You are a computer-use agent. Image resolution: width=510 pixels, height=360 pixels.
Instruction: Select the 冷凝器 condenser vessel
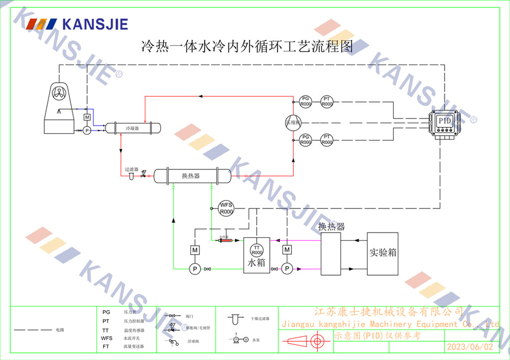point(132,128)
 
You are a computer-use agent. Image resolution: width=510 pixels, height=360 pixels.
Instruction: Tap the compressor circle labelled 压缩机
point(293,122)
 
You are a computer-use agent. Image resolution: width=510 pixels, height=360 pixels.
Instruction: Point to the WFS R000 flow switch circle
point(226,208)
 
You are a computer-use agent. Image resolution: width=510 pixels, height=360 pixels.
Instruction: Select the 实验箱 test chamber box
point(382,253)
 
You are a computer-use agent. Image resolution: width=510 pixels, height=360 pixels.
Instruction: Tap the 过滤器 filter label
point(131,169)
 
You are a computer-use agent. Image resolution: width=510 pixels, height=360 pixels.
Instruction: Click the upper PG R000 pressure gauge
point(305,101)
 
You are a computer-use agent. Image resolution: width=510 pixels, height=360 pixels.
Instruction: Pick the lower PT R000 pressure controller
point(327,140)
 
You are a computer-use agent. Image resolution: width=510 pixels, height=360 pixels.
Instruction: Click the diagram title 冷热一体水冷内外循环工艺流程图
point(247,47)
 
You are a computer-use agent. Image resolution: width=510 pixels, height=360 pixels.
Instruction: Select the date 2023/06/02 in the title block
point(470,347)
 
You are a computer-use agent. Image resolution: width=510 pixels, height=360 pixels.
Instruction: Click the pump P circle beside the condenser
point(87,131)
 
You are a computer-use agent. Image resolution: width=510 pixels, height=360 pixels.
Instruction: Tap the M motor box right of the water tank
point(287,249)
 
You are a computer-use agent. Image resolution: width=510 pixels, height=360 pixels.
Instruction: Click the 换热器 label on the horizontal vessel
point(191,176)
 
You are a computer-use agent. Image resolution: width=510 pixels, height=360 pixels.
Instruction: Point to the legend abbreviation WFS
point(107,338)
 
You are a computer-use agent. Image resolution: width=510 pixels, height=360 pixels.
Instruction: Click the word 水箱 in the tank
point(257,264)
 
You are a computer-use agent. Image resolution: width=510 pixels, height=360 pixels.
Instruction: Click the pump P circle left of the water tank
point(194,269)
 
